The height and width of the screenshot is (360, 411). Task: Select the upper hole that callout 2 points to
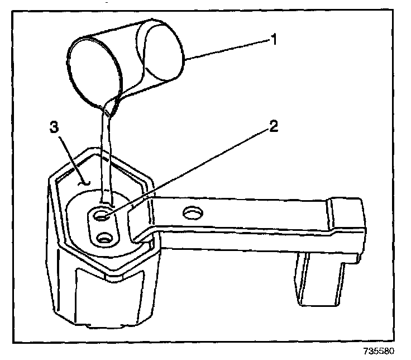tap(102, 214)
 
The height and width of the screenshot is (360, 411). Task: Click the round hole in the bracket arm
tap(193, 213)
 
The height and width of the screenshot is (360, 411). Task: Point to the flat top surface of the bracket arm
tap(251, 218)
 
